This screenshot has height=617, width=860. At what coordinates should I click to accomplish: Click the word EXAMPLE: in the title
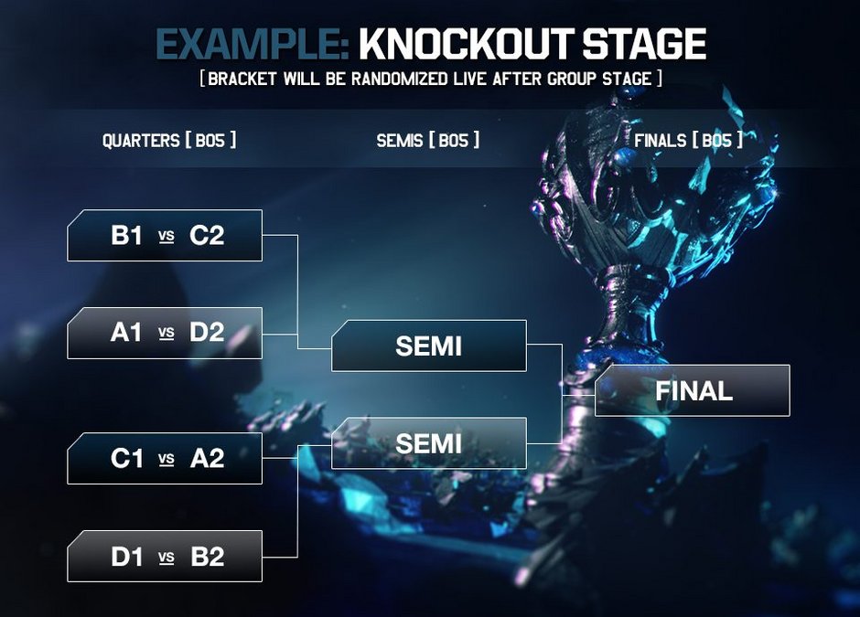[253, 44]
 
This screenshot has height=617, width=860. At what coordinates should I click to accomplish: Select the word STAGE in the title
[644, 44]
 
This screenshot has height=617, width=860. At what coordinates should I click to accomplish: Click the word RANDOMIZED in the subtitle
[399, 79]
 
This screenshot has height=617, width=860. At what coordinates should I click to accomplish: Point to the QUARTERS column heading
[141, 141]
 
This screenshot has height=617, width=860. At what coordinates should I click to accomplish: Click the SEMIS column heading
[400, 141]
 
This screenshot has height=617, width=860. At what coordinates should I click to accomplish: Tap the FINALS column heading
[660, 141]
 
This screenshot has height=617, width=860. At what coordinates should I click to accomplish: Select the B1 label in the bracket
[126, 236]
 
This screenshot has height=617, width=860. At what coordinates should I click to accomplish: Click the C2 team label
[207, 236]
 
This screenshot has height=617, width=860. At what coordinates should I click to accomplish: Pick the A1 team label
[126, 333]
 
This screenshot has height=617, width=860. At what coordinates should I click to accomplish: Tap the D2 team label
[207, 333]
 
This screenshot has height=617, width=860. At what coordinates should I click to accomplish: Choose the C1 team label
[126, 459]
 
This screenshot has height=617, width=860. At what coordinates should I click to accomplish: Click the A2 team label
[208, 459]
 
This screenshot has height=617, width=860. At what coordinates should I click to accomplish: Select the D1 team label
[127, 557]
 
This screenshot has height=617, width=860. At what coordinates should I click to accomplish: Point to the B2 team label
[208, 557]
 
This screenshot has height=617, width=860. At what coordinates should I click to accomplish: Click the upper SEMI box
[429, 346]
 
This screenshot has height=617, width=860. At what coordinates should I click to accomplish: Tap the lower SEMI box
[429, 443]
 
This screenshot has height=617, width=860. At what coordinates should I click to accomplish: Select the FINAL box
[693, 390]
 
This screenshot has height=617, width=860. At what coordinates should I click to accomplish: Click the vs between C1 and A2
[167, 460]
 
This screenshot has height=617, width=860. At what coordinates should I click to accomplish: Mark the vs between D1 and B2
[167, 558]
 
